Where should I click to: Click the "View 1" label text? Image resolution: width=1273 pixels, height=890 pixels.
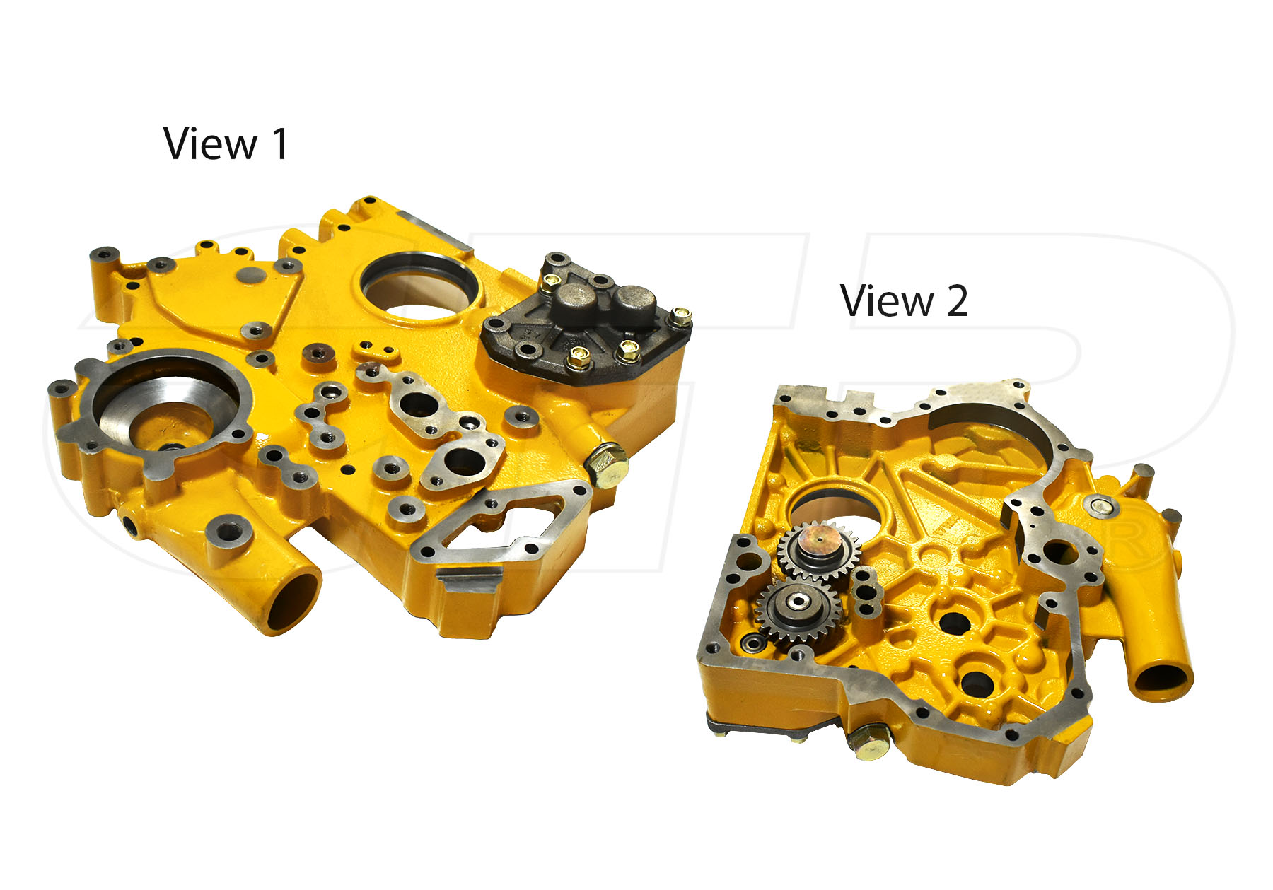226,144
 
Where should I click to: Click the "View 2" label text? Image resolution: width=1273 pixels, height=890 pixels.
904,300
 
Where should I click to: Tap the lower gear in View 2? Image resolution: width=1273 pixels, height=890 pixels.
795,609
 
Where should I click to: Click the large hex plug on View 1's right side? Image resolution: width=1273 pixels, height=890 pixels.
606,464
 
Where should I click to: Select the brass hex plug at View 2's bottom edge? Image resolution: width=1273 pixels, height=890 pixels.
868,742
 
